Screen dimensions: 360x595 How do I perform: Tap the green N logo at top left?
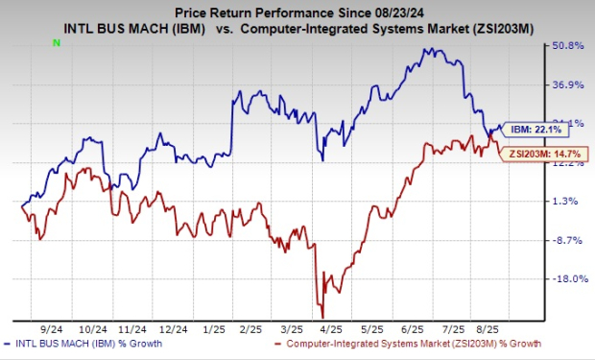click(x=57, y=43)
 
